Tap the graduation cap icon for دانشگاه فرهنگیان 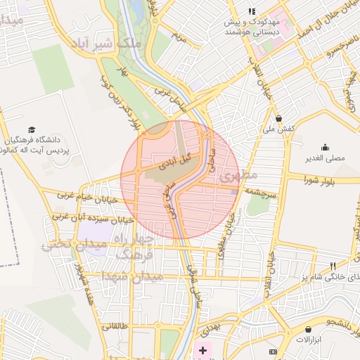pos(32,129)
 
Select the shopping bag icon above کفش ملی pos(280,118)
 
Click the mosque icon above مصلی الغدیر pos(325,147)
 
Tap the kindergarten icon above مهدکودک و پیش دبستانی pos(252,11)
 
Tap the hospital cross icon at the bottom pos(203,349)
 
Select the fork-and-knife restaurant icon pos(333,266)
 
